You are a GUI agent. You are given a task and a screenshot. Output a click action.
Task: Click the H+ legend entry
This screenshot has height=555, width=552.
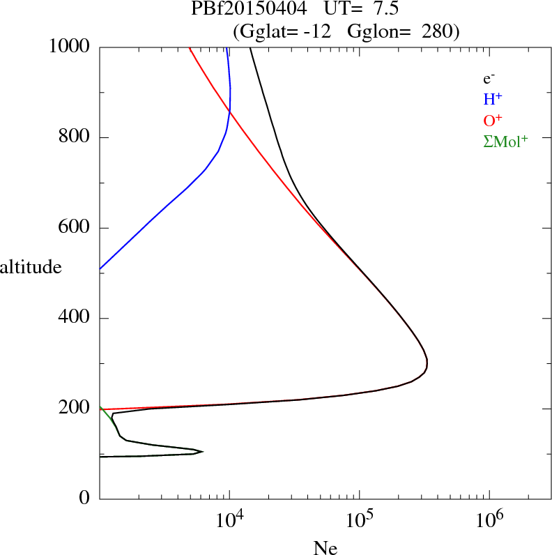click(x=493, y=99)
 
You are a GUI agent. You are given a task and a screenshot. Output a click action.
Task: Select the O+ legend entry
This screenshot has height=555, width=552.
click(x=493, y=121)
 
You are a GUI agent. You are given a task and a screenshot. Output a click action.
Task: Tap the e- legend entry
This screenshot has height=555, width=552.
click(x=489, y=79)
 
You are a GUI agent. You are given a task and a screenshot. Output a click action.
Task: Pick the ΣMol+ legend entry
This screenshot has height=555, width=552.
click(x=505, y=142)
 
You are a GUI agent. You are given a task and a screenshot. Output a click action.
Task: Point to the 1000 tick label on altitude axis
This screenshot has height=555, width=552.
click(x=69, y=46)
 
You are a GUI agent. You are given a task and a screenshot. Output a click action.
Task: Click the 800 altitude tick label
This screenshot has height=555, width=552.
click(x=74, y=136)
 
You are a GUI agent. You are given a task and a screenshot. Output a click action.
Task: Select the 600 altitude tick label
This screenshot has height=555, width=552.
click(x=74, y=227)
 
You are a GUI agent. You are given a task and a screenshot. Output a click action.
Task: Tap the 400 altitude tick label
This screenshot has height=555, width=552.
click(x=74, y=317)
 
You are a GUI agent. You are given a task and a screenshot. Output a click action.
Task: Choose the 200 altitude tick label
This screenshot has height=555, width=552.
click(x=74, y=407)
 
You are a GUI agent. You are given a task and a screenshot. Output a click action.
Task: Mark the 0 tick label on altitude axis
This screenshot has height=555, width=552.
click(x=84, y=498)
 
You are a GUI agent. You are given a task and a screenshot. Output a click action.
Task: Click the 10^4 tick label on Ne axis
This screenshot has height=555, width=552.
click(x=230, y=519)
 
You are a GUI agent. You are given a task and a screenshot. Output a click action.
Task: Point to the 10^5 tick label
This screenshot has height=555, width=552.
click(x=360, y=519)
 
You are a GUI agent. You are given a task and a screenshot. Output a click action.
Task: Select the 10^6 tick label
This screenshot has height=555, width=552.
click(x=490, y=519)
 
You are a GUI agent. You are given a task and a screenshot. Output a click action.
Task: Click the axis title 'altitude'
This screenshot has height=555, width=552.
click(x=31, y=266)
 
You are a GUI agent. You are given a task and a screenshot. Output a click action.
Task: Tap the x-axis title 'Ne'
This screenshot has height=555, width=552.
click(x=325, y=547)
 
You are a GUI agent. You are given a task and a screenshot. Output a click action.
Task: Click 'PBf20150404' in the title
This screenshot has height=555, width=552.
click(x=249, y=9)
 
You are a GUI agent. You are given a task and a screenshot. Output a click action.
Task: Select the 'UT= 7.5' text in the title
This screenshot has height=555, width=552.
click(x=361, y=9)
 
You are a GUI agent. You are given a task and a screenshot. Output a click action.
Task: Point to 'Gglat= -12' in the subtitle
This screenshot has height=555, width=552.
click(x=285, y=31)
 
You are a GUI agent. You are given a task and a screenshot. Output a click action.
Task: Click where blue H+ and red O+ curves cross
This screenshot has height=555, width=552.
click(x=230, y=112)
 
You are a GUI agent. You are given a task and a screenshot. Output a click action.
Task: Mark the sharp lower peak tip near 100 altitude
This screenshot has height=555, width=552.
click(x=203, y=451)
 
